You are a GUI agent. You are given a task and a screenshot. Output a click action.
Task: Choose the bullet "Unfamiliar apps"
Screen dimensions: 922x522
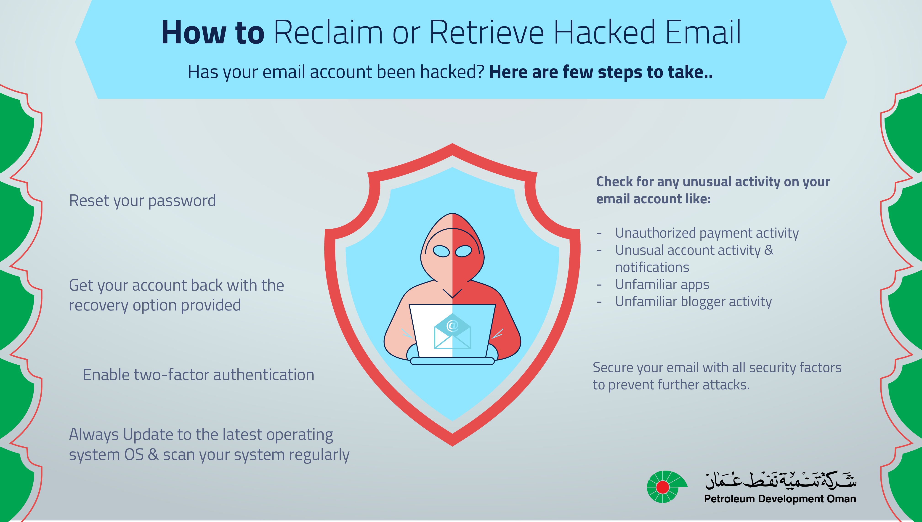(662, 285)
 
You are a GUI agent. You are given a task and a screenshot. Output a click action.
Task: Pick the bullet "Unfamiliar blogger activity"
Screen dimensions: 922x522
(693, 302)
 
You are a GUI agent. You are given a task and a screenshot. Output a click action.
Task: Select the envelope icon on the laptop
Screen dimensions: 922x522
(452, 331)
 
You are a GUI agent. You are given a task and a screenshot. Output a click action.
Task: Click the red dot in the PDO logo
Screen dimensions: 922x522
(662, 487)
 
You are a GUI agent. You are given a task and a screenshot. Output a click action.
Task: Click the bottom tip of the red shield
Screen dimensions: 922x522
(452, 446)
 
